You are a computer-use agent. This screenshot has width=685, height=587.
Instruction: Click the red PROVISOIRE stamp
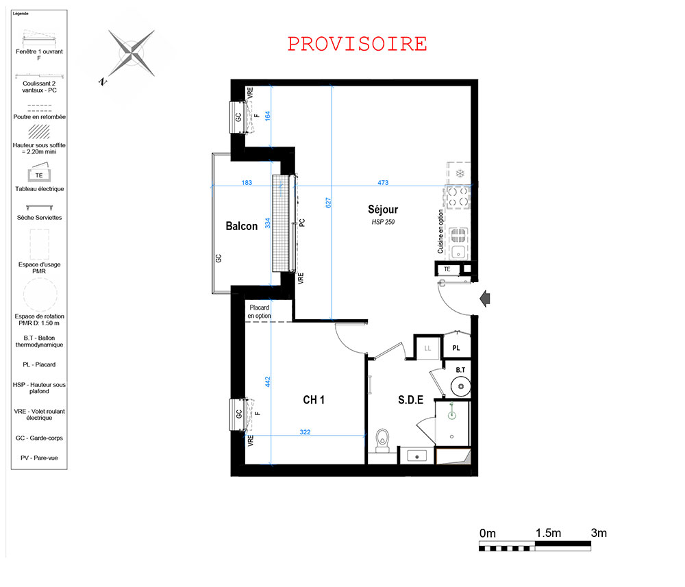(x=357, y=44)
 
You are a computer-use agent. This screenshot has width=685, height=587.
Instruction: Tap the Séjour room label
(x=383, y=209)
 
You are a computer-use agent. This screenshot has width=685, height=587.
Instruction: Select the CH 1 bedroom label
(x=314, y=399)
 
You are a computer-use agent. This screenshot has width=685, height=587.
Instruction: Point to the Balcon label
(x=242, y=226)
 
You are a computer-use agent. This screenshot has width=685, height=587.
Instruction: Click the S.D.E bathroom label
(x=410, y=399)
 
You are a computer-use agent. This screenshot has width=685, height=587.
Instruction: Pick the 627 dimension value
(x=328, y=203)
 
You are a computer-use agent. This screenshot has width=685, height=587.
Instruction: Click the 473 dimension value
(x=383, y=183)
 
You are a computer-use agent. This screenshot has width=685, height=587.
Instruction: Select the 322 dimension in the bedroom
(x=305, y=432)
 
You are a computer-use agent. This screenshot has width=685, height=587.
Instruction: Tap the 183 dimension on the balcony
(x=247, y=183)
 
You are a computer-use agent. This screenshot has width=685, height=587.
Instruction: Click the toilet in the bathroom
(x=383, y=440)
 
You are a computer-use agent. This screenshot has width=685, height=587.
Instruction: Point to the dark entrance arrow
(x=484, y=299)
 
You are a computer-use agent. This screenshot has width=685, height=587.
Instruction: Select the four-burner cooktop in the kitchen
(x=458, y=197)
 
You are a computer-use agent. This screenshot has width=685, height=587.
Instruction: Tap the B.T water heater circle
(x=460, y=386)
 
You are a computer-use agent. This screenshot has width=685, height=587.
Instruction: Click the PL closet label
(x=456, y=348)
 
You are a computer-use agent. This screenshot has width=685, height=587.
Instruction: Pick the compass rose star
(x=131, y=53)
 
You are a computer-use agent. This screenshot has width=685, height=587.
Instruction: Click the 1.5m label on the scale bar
(x=548, y=533)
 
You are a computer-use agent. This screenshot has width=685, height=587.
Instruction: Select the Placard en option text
(x=260, y=312)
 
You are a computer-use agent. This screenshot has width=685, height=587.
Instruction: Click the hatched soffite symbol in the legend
(x=39, y=132)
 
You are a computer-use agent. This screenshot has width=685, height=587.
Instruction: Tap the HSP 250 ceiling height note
(x=383, y=222)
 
